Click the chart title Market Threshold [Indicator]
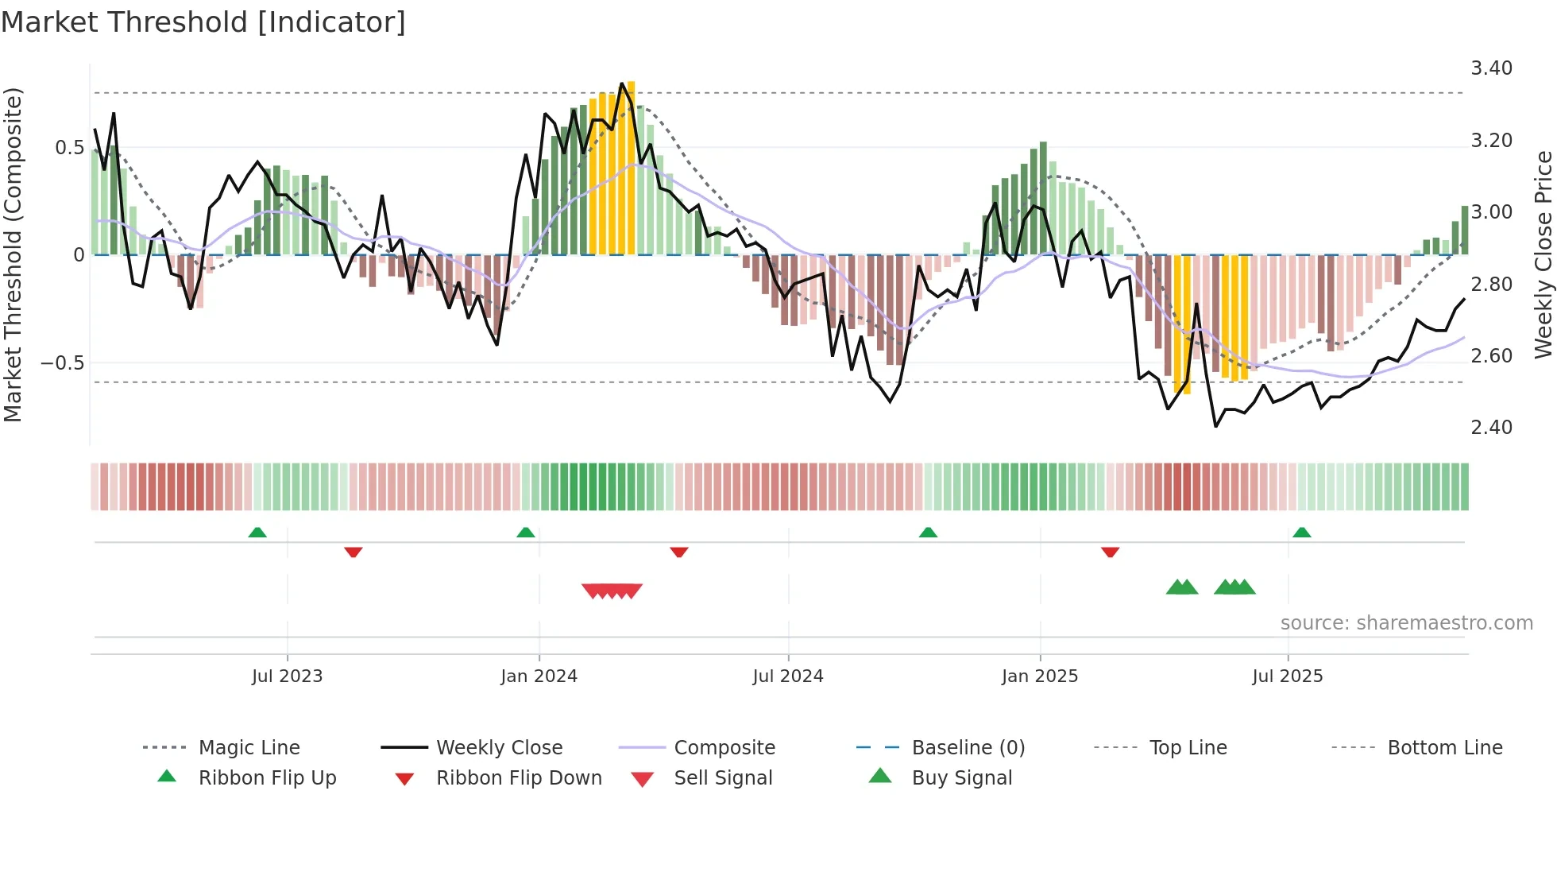pos(203,22)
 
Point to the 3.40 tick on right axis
pos(1491,68)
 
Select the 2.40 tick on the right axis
pos(1491,428)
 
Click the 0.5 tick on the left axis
pos(69,148)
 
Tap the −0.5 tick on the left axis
pos(62,363)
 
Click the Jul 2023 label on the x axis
pos(287,676)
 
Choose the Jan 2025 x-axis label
pos(1039,676)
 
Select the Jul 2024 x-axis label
pos(787,676)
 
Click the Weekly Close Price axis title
pos(1543,254)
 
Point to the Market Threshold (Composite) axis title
pos(13,254)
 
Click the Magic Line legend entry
pos(249,748)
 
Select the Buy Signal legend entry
pos(961,778)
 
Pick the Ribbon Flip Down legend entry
pos(519,778)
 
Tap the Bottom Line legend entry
pos(1444,748)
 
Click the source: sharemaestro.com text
pos(1406,623)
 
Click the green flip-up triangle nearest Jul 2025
pos(1301,533)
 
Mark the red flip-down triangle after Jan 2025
pos(1110,552)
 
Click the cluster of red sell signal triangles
pos(612,591)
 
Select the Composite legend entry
pos(724,748)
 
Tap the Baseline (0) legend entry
pos(968,748)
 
